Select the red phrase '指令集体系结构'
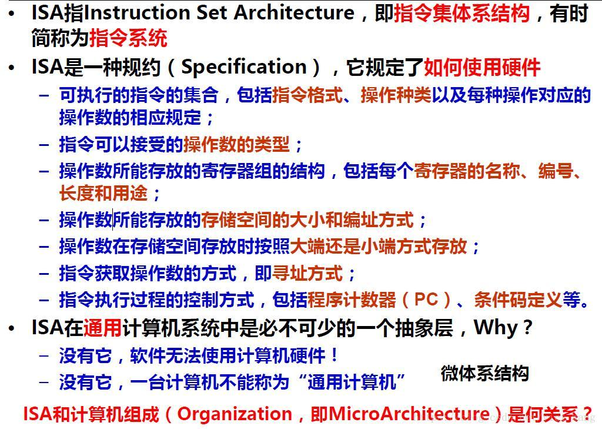[x=461, y=13]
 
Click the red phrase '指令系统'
[x=128, y=38]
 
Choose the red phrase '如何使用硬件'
[x=481, y=67]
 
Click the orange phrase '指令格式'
[x=307, y=95]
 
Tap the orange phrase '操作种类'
[x=396, y=95]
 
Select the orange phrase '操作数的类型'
[x=236, y=144]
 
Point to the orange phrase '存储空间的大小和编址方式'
[x=307, y=220]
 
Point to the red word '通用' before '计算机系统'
[x=102, y=328]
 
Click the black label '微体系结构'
[x=484, y=373]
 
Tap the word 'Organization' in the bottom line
[x=235, y=414]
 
